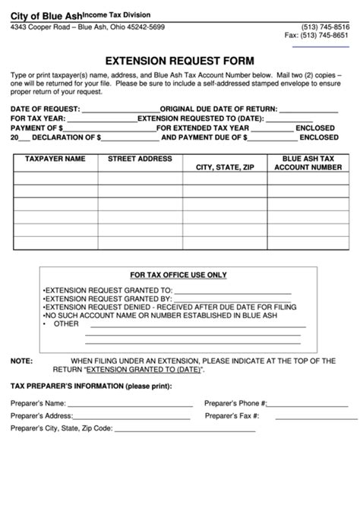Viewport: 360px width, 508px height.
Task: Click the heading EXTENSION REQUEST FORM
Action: pos(179,60)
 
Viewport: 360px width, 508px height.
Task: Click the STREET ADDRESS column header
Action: pos(140,159)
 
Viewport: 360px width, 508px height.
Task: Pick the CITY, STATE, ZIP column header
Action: pos(225,166)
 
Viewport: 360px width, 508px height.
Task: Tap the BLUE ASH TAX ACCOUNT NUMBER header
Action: pos(308,162)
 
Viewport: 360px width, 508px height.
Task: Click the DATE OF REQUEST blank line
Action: pos(121,110)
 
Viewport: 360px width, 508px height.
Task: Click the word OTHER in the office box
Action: pos(67,323)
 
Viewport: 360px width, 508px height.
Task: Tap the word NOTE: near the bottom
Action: pos(21,361)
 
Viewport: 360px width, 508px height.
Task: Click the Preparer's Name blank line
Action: pos(130,405)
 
